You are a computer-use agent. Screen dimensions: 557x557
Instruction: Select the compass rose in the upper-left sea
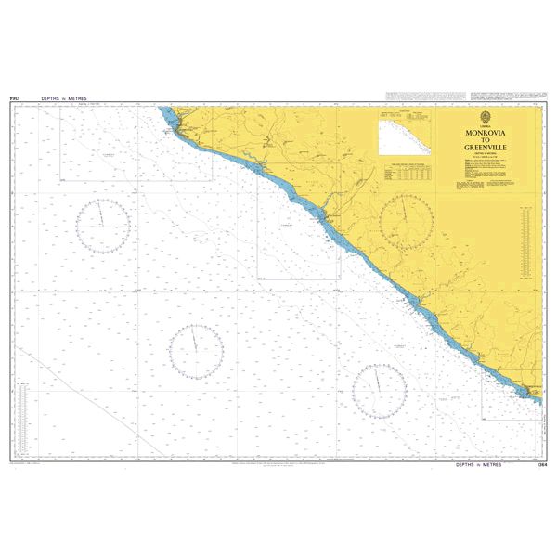(x=102, y=225)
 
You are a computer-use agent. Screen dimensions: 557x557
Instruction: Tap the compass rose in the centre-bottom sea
(x=196, y=351)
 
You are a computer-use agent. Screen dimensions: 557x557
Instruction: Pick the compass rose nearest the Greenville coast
(x=379, y=390)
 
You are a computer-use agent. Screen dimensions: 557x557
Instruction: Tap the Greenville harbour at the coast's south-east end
(x=531, y=394)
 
